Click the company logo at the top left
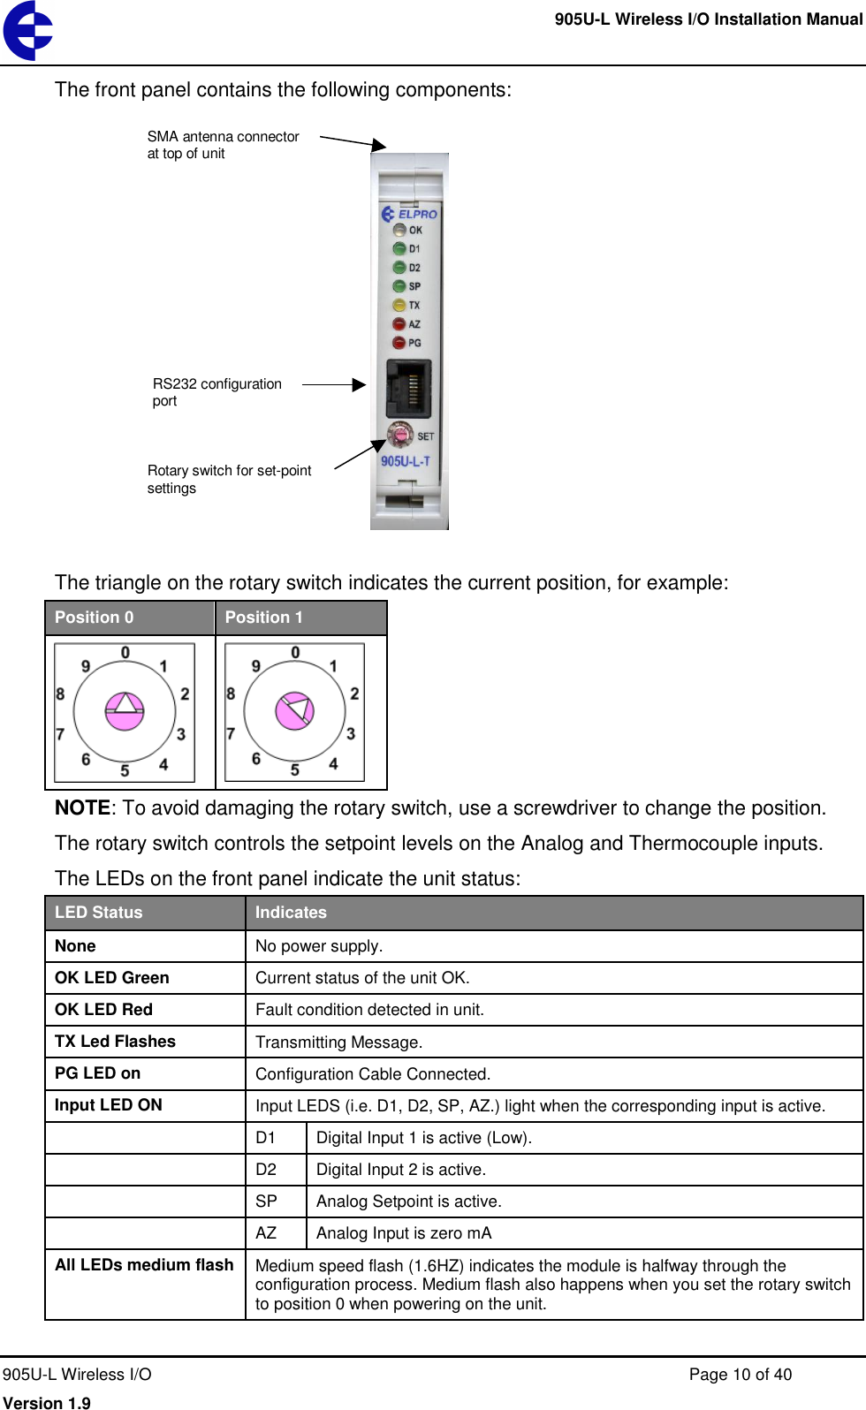[x=27, y=31]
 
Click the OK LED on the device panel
[x=399, y=230]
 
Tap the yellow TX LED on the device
[x=399, y=305]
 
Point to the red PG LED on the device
[x=399, y=343]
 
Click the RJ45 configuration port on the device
[x=408, y=389]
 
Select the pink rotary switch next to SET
[x=400, y=435]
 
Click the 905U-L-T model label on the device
[x=406, y=461]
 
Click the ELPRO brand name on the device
[x=417, y=214]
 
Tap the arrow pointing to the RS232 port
[x=334, y=384]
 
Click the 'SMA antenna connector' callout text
[x=223, y=137]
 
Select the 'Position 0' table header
[x=95, y=618]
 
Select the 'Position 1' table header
[x=263, y=618]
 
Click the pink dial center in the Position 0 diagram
[x=125, y=710]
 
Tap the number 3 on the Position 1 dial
[x=351, y=733]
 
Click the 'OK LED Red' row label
[x=103, y=1010]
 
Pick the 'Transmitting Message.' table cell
[x=338, y=1042]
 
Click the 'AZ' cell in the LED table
[x=266, y=1233]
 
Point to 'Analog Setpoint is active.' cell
[x=408, y=1202]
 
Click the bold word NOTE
[x=82, y=808]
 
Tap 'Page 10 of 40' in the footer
[x=740, y=1375]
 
